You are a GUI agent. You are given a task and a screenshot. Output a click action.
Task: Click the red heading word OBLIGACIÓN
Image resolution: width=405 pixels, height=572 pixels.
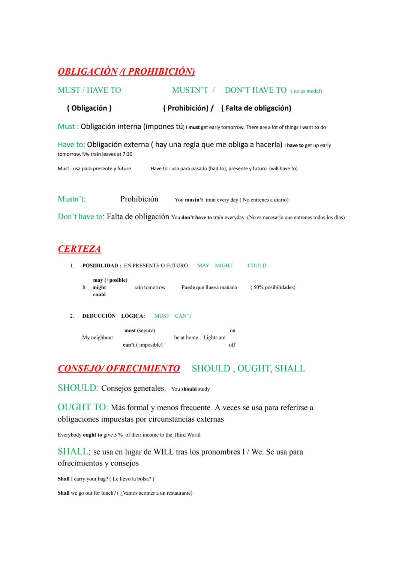click(x=88, y=71)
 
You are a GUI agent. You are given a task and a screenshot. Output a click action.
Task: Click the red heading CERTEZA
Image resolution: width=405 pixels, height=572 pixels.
click(x=79, y=249)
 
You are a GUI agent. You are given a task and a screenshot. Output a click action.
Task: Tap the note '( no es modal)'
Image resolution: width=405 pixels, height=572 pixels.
click(x=306, y=91)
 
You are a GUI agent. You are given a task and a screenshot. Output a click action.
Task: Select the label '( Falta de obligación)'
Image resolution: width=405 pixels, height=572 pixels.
click(x=256, y=108)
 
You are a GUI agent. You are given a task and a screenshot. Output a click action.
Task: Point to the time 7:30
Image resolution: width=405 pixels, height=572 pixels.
click(x=127, y=154)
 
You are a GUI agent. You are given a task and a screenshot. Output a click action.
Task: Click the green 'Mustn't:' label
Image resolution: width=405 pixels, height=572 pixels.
click(x=72, y=199)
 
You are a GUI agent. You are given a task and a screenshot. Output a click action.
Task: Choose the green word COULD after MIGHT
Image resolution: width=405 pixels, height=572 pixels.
click(x=257, y=266)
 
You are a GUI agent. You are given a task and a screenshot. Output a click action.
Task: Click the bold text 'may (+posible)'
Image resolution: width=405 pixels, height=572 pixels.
click(x=110, y=280)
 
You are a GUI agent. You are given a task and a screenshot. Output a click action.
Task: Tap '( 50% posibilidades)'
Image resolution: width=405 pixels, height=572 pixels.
click(x=273, y=287)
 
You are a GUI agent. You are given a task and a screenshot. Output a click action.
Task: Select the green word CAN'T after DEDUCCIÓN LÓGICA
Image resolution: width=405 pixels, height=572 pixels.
click(x=183, y=316)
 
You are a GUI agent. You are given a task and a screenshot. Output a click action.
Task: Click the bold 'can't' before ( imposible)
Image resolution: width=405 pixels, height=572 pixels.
click(x=129, y=345)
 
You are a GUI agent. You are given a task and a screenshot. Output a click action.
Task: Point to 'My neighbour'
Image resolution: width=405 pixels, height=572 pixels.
click(x=97, y=338)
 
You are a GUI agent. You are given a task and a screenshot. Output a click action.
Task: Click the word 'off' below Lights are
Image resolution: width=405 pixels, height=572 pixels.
click(x=232, y=345)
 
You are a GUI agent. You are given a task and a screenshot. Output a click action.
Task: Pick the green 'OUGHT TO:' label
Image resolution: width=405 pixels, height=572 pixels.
click(x=83, y=407)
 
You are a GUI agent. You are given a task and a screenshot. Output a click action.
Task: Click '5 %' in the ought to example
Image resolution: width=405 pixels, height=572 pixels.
click(x=118, y=435)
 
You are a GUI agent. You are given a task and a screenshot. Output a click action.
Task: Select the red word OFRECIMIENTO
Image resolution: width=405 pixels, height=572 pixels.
click(x=143, y=368)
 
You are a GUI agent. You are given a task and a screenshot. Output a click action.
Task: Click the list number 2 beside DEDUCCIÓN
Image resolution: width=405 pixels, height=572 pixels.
click(x=72, y=316)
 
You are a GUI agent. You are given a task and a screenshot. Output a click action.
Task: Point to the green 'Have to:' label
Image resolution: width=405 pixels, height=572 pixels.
click(x=71, y=144)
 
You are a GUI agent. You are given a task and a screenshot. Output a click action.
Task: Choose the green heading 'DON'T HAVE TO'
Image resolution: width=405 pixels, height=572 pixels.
click(x=255, y=90)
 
